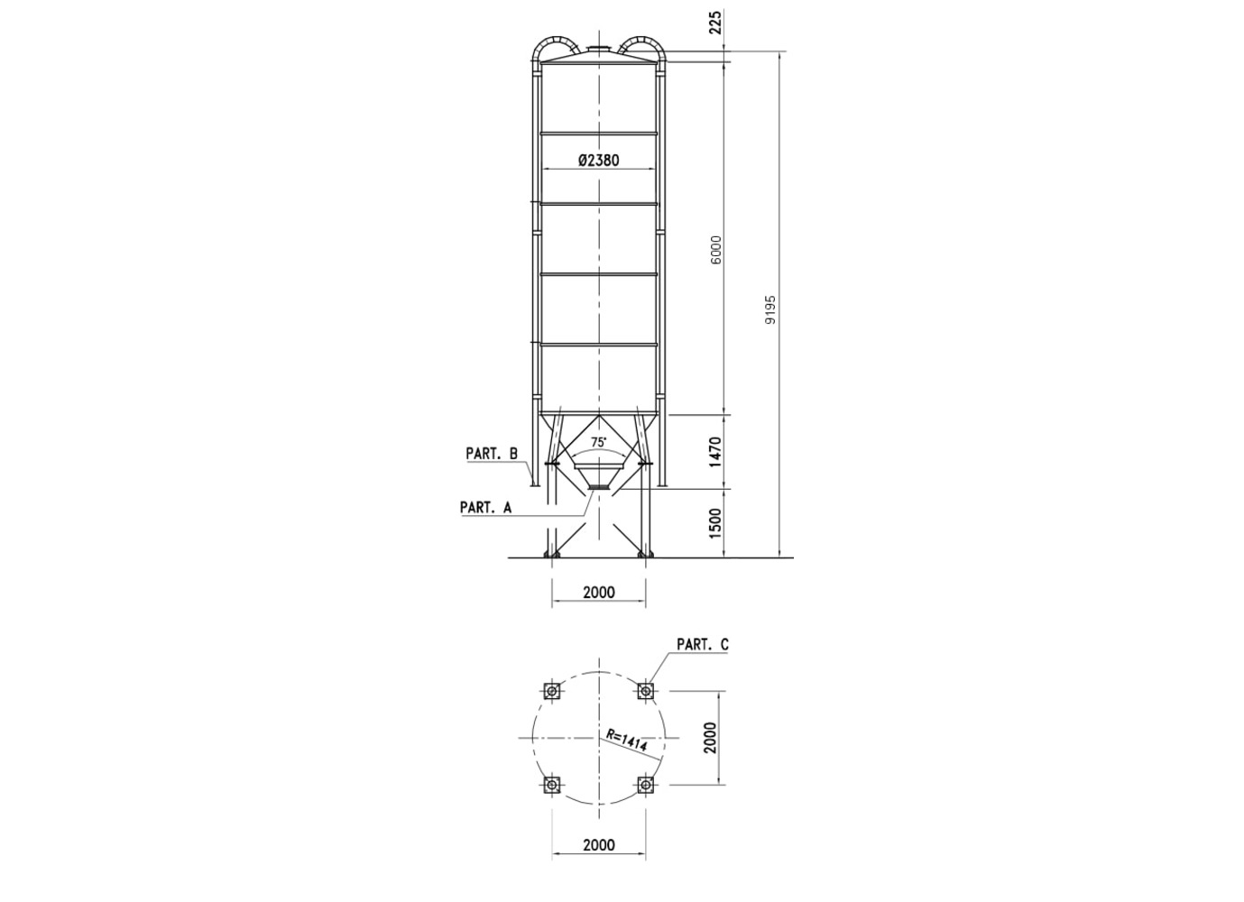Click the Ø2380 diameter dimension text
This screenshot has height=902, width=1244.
[x=598, y=161]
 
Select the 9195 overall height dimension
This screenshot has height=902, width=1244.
[x=770, y=310]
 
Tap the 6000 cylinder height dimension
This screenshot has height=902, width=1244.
[x=716, y=250]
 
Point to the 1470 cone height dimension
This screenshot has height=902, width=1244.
[x=715, y=452]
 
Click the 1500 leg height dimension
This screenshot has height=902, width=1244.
[x=715, y=522]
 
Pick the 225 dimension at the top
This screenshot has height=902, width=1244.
[x=716, y=23]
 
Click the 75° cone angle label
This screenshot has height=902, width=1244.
[x=599, y=442]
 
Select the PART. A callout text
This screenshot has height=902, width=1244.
[x=486, y=507]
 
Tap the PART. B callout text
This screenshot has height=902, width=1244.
[x=492, y=454]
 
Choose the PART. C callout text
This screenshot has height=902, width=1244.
[x=703, y=644]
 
